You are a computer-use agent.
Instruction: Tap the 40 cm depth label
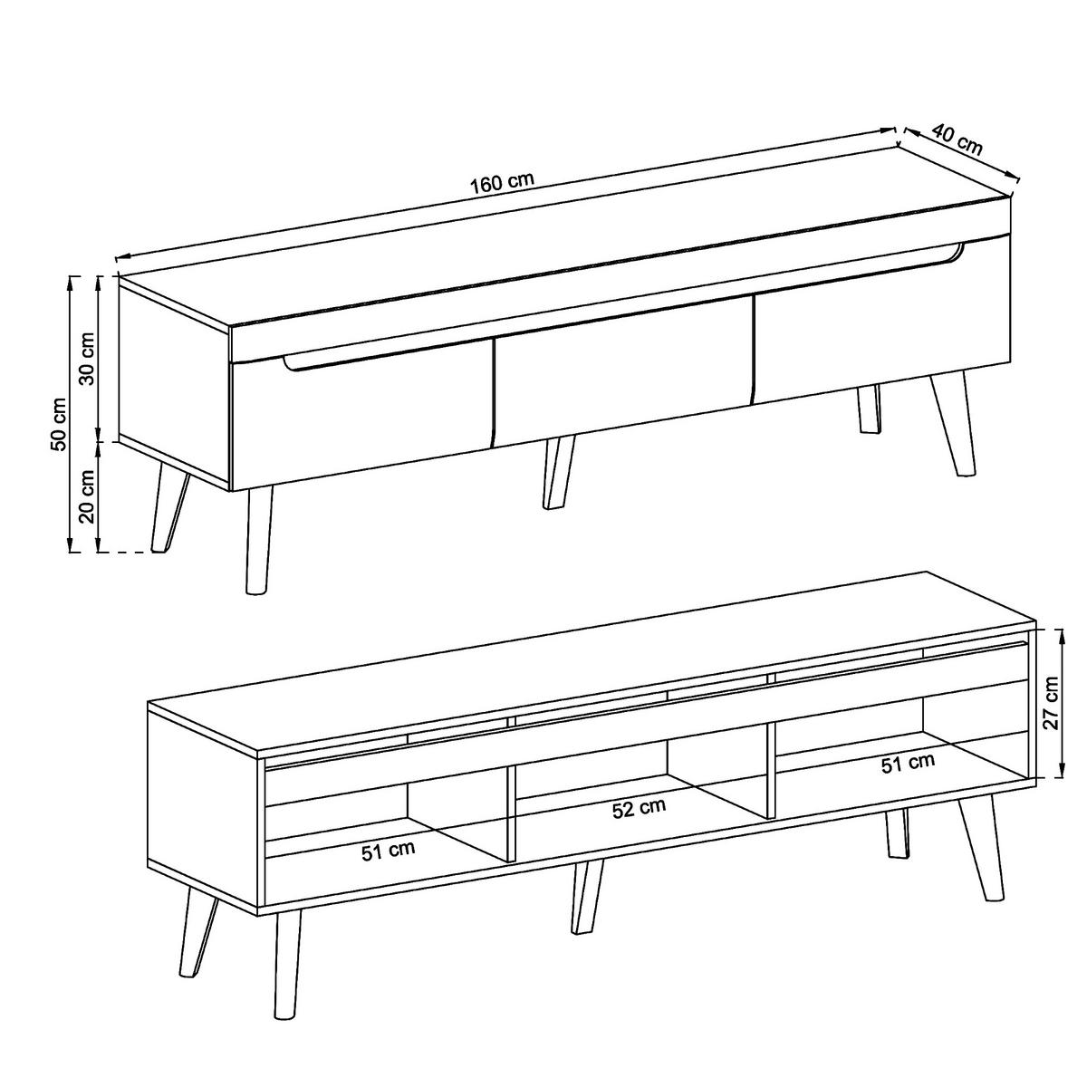(957, 141)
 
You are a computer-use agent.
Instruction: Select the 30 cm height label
(87, 360)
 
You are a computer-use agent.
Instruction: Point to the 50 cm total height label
(57, 423)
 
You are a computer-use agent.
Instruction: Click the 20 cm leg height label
(87, 497)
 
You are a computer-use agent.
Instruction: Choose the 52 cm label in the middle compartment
(639, 808)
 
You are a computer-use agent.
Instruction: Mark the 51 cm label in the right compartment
(908, 764)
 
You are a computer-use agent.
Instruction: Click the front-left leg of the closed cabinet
(257, 540)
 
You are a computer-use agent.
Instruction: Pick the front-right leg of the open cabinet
(982, 847)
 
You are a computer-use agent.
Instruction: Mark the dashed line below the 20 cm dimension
(121, 552)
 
